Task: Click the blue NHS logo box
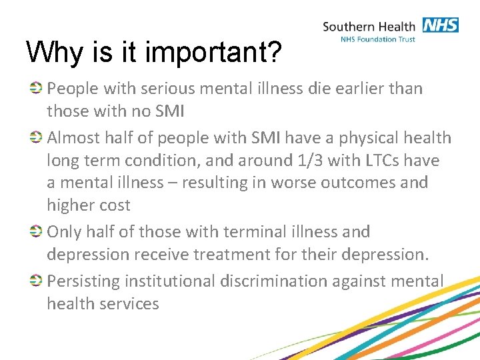coord(439,25)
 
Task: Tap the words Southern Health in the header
coord(369,27)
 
